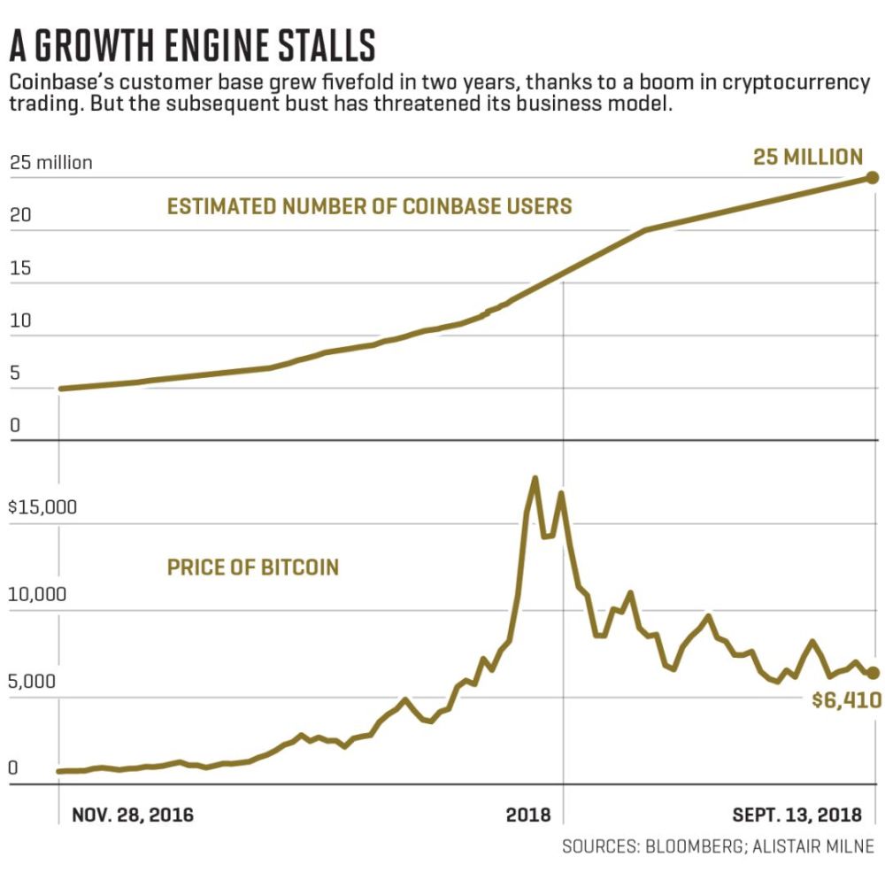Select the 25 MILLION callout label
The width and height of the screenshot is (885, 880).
pyautogui.click(x=808, y=157)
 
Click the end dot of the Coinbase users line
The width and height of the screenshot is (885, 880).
pyautogui.click(x=872, y=178)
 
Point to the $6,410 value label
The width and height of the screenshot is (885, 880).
pyautogui.click(x=846, y=700)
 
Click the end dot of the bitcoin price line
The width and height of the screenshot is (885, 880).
pyautogui.click(x=873, y=672)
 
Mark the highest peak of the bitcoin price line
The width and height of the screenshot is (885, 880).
pyautogui.click(x=535, y=479)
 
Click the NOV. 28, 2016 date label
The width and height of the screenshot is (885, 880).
pyautogui.click(x=133, y=815)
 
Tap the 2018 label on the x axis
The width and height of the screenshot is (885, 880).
pyautogui.click(x=528, y=815)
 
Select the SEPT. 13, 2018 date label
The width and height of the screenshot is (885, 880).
pyautogui.click(x=797, y=815)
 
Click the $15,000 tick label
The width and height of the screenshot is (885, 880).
pyautogui.click(x=42, y=507)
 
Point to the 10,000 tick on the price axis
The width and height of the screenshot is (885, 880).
pyautogui.click(x=37, y=594)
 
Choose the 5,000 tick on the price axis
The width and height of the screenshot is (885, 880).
pyautogui.click(x=32, y=682)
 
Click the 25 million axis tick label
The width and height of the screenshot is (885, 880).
pyautogui.click(x=50, y=163)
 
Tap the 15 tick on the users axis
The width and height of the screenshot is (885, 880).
pyautogui.click(x=20, y=267)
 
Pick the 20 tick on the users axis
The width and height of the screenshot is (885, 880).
pyautogui.click(x=20, y=215)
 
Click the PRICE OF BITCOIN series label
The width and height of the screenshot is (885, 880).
pyautogui.click(x=253, y=567)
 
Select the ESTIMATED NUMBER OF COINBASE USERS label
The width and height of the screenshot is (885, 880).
pyautogui.click(x=370, y=206)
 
